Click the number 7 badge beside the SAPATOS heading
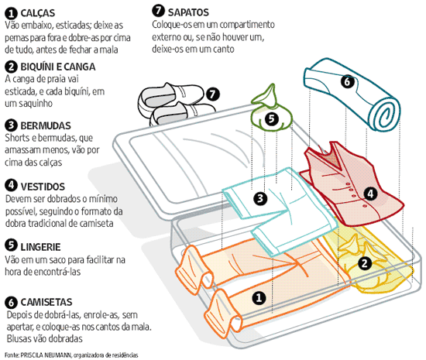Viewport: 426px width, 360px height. pyautogui.click(x=159, y=12)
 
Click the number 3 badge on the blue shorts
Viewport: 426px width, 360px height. pyautogui.click(x=261, y=198)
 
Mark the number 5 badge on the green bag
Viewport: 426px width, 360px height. pyautogui.click(x=270, y=118)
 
